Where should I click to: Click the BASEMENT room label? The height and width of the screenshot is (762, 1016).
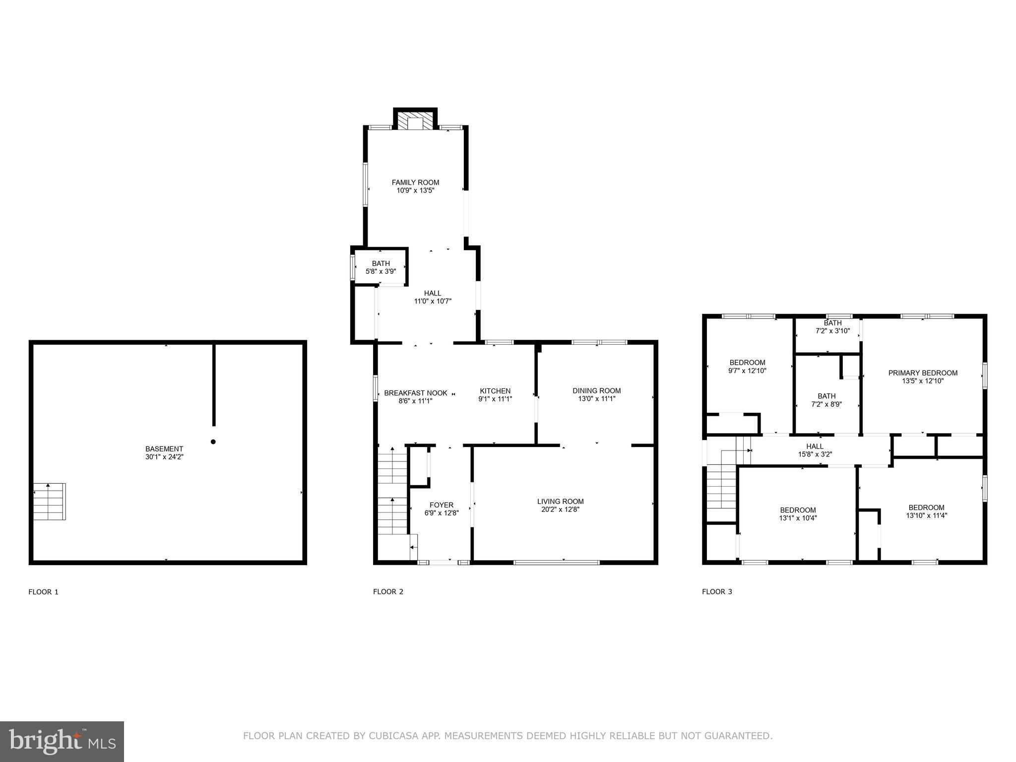click(x=164, y=449)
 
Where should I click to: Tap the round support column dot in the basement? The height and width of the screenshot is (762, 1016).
click(x=213, y=442)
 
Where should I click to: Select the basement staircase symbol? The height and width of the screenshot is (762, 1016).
click(x=50, y=502)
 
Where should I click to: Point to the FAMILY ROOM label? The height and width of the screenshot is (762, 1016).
click(x=415, y=183)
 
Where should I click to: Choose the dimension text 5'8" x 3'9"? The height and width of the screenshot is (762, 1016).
click(x=381, y=271)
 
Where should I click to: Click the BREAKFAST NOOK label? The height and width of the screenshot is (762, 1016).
click(x=415, y=393)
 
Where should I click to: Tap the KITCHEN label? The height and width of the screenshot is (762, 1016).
click(x=495, y=391)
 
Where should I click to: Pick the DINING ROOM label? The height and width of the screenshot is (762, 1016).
click(x=596, y=390)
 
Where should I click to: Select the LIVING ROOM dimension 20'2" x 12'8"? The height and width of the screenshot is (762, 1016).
click(x=560, y=509)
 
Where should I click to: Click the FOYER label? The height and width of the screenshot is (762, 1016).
click(x=441, y=505)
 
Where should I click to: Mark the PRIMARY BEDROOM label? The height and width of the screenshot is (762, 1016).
click(x=922, y=373)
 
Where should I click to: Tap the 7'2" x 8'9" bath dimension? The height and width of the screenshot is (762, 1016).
click(x=826, y=404)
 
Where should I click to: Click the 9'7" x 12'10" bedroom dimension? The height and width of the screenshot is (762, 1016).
click(x=747, y=370)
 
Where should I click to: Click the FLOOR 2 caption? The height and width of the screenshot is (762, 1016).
click(x=388, y=591)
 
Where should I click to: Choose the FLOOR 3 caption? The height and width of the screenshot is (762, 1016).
click(x=717, y=591)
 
